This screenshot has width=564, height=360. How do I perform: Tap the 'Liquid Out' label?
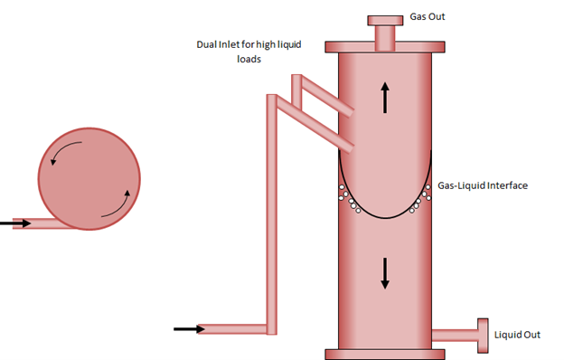point(517,335)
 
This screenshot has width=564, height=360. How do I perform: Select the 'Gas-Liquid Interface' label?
point(482,185)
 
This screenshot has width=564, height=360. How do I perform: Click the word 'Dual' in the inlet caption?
point(207,44)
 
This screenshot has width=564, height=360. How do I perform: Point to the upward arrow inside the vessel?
point(385,97)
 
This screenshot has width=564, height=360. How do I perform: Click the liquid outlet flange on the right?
point(483,336)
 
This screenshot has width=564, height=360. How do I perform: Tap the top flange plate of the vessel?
point(385,46)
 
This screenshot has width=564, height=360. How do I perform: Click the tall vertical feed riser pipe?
point(269,208)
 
